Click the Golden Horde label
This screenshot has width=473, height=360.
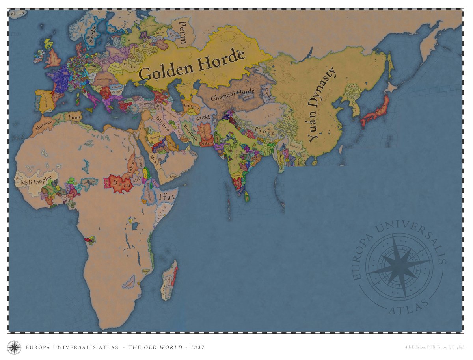coord(192,65)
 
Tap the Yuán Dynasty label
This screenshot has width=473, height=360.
coord(322,105)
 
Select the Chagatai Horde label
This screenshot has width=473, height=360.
coord(233,95)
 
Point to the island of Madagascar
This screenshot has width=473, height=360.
coord(169,280)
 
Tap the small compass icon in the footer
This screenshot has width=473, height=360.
coord(15,347)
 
